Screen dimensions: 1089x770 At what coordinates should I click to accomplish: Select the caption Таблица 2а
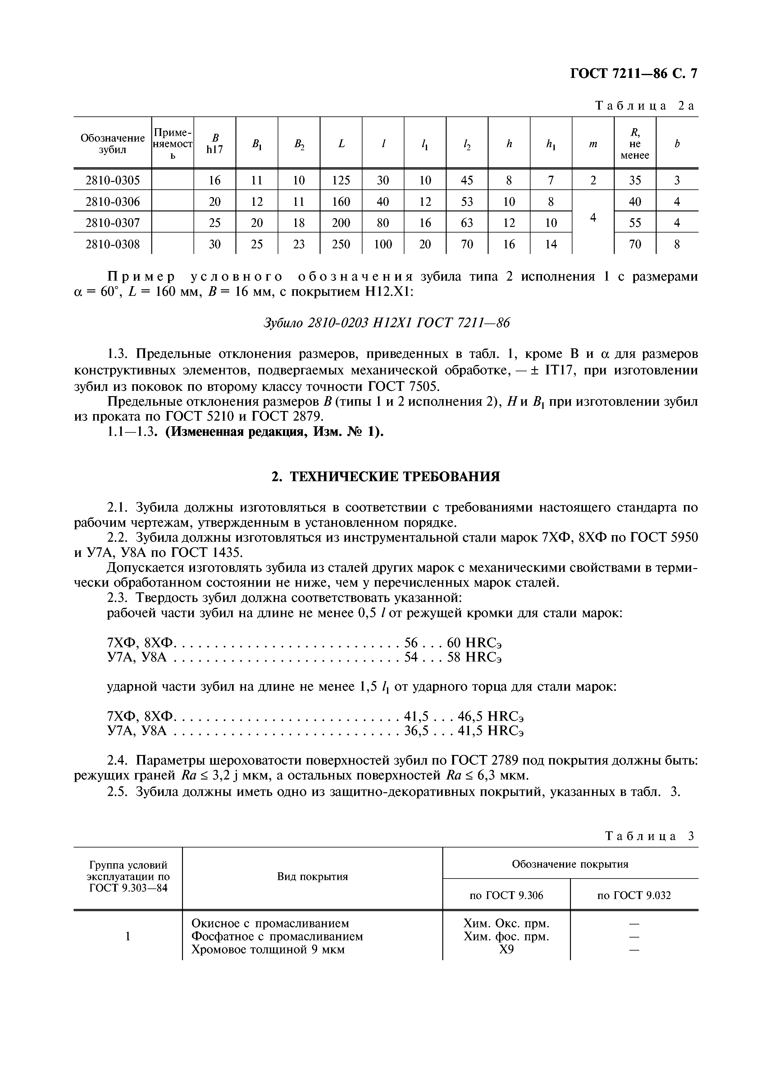(x=644, y=106)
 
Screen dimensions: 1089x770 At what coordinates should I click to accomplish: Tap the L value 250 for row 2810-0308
(x=341, y=244)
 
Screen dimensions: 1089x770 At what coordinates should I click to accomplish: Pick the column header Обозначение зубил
(x=112, y=143)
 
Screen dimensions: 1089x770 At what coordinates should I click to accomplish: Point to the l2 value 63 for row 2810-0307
(x=467, y=223)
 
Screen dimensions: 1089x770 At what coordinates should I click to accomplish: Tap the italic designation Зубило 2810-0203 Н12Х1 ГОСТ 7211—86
(x=387, y=323)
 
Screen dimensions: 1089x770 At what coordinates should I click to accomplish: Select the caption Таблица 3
(x=649, y=836)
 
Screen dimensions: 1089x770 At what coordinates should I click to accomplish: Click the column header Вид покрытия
(x=312, y=877)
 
